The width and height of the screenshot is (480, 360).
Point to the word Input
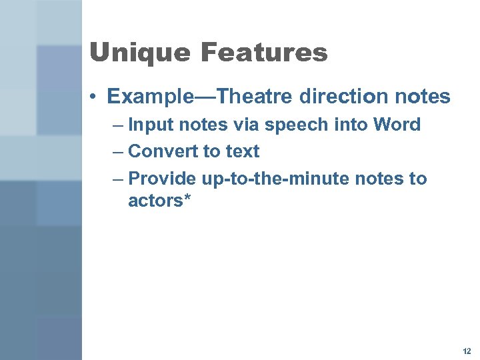[149, 125]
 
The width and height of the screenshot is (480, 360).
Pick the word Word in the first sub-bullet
[397, 125]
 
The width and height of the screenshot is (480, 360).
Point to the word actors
[155, 200]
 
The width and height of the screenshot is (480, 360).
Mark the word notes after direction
[422, 97]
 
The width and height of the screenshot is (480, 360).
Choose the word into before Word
[346, 125]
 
